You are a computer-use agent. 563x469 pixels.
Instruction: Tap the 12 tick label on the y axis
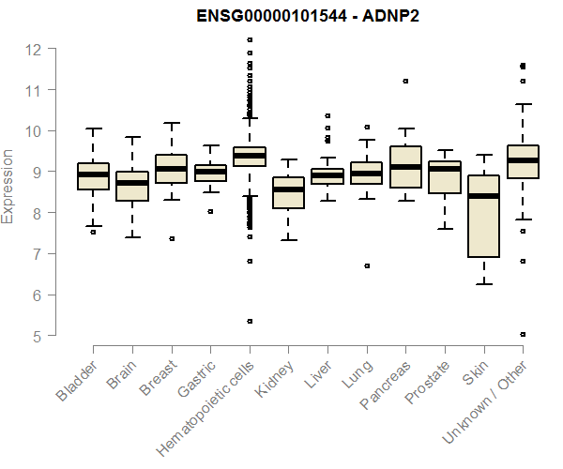[34, 49]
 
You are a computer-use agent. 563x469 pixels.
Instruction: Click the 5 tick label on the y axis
[34, 336]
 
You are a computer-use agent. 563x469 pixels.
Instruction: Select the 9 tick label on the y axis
[34, 172]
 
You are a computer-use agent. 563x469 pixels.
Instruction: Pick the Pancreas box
[405, 167]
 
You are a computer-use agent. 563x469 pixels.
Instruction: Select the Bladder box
[93, 176]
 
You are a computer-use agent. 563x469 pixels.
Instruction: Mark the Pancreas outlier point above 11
[405, 82]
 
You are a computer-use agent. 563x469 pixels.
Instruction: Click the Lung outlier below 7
[367, 265]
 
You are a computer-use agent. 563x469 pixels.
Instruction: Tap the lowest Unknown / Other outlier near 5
[523, 334]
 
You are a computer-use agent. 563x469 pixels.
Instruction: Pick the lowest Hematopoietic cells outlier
[250, 321]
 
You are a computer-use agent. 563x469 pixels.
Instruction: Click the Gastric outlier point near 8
[210, 211]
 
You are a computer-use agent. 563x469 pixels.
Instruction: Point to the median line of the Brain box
[132, 183]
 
